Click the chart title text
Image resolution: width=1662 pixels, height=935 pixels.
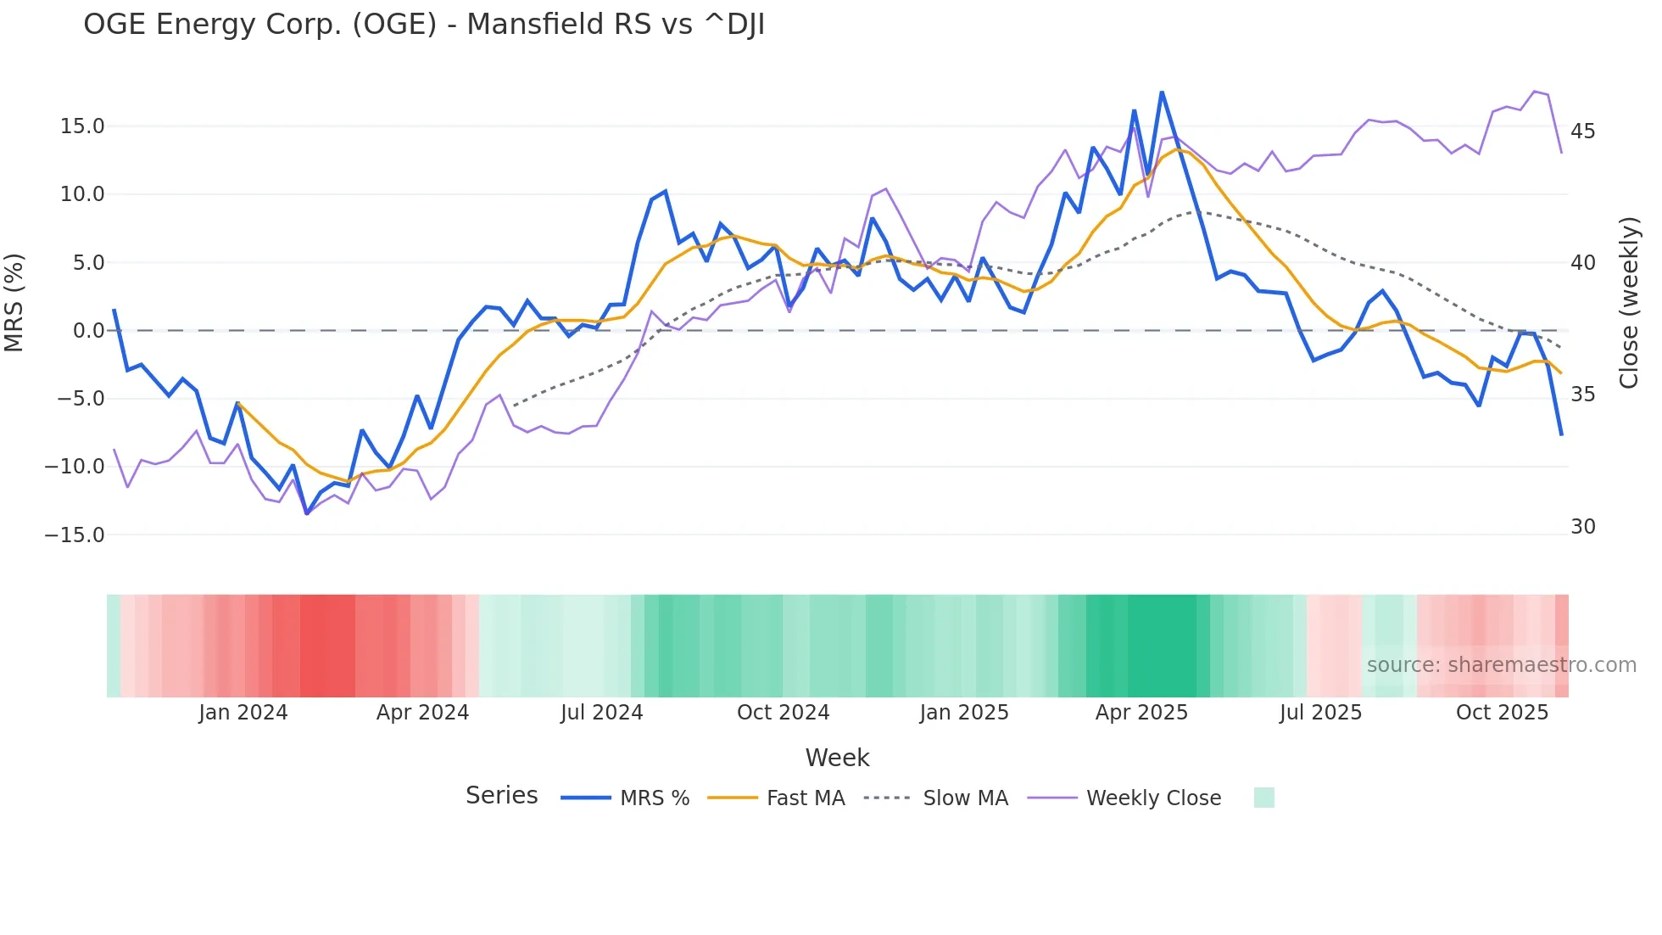coord(424,24)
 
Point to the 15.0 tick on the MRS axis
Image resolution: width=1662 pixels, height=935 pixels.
coord(82,126)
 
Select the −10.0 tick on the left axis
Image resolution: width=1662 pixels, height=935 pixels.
coord(75,467)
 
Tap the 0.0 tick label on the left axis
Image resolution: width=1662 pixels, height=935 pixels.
coord(88,331)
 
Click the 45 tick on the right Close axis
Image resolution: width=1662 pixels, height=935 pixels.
coord(1582,132)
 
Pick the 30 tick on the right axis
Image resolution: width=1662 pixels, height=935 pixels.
coord(1582,527)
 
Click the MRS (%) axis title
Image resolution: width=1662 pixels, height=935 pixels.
coord(14,303)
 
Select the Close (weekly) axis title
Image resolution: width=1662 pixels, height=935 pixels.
coord(1628,303)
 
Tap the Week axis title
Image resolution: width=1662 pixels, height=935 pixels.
coord(837,758)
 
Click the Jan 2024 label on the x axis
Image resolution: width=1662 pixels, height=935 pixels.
coord(243,713)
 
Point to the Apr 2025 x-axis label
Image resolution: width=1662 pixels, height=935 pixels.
coord(1141,713)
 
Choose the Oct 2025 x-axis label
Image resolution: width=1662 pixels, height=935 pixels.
coord(1502,713)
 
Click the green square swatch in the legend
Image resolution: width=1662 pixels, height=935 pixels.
coord(1263,798)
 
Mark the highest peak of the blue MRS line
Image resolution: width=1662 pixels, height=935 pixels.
coord(1162,92)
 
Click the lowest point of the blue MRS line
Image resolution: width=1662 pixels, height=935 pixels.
coord(307,513)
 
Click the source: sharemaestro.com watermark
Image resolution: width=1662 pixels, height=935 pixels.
coord(1501,665)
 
